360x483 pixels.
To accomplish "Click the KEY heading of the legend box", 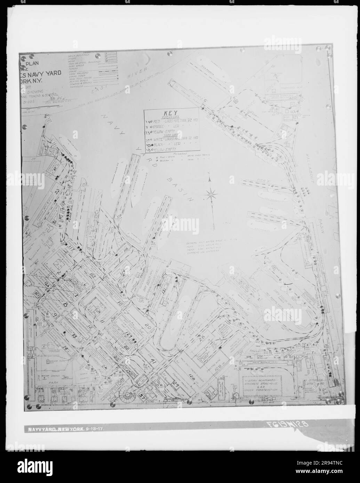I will [x=171, y=114].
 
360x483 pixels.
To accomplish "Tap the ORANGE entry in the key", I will [x=161, y=127].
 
